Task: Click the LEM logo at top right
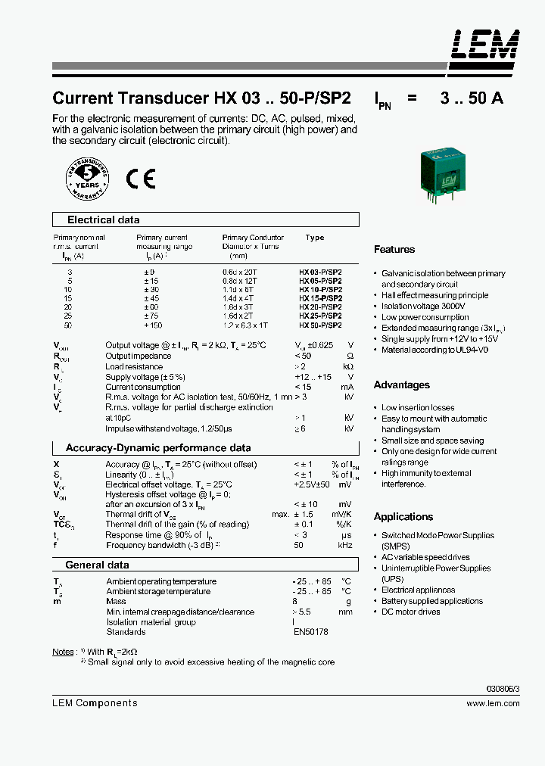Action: tap(485, 45)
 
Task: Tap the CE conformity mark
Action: tap(140, 178)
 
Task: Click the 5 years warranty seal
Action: tap(87, 179)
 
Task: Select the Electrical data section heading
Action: tap(104, 220)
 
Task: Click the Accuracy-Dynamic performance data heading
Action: tap(158, 447)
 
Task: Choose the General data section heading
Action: tap(97, 565)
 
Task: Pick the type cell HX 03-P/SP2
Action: tap(320, 270)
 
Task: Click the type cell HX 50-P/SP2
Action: tap(320, 325)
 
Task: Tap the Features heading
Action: tap(394, 249)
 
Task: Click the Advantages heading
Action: tap(401, 385)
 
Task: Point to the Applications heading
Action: tap(403, 516)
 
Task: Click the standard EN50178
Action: tap(311, 632)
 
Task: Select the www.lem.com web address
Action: tap(493, 703)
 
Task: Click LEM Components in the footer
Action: tap(95, 703)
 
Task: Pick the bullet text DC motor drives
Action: tap(410, 612)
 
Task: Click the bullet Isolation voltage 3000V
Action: tap(423, 306)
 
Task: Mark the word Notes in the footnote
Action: tap(63, 652)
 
